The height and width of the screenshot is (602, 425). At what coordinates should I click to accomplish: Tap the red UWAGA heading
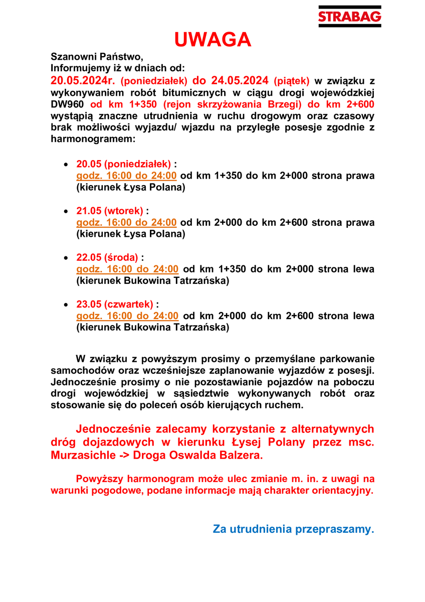(212, 40)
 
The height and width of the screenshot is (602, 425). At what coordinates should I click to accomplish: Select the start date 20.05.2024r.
(83, 80)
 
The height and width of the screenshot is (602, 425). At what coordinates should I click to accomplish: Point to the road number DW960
(68, 104)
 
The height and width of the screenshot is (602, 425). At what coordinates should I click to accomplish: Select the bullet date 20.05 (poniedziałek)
(123, 164)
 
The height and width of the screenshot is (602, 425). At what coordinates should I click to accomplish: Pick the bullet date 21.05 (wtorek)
(109, 211)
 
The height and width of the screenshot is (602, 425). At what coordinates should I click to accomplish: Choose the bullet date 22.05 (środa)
(107, 257)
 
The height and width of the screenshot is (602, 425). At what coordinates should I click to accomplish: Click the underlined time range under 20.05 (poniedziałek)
(126, 176)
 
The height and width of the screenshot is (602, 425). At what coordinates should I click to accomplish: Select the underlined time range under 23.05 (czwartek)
(127, 316)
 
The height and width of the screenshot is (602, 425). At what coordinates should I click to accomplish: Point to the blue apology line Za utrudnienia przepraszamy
(294, 529)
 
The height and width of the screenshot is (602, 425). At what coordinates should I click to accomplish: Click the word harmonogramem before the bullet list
(93, 139)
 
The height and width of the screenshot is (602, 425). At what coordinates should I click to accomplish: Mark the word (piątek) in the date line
(292, 80)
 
